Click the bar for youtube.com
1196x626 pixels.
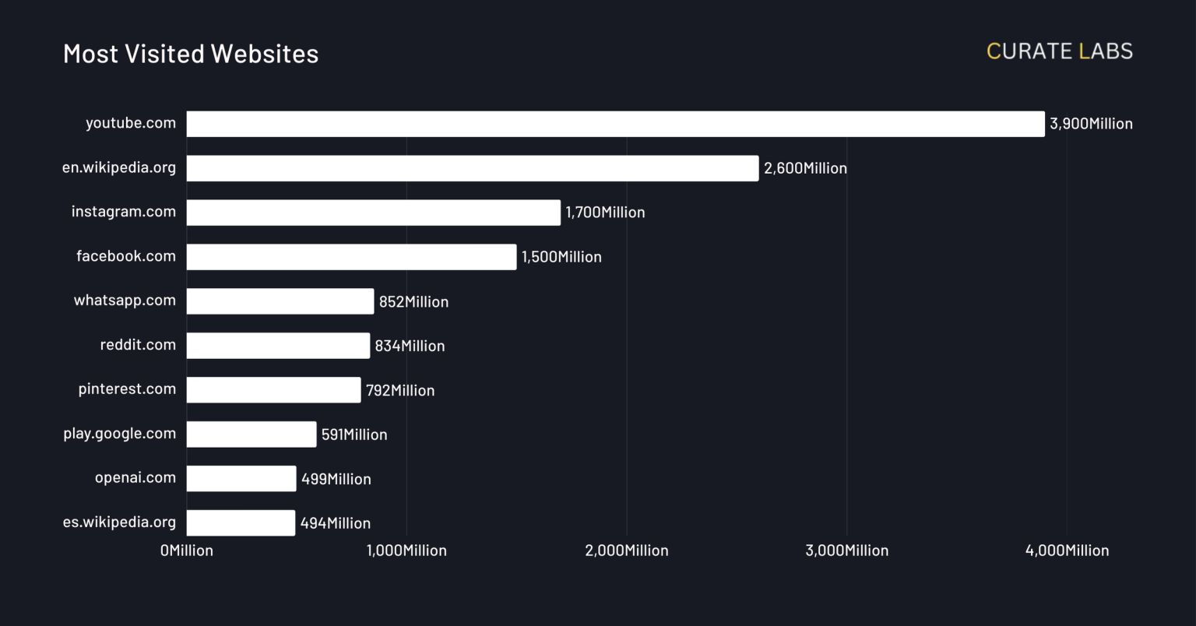coord(615,124)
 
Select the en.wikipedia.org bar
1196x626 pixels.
coord(472,168)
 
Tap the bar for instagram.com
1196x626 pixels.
coord(373,213)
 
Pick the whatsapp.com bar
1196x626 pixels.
coord(280,301)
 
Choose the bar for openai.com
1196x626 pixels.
coord(241,479)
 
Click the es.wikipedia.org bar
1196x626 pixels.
coord(241,523)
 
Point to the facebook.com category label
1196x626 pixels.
coord(126,256)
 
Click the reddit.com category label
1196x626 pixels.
coord(138,345)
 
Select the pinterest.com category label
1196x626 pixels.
coord(127,389)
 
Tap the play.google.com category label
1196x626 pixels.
coord(119,434)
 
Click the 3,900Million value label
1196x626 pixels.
coord(1091,124)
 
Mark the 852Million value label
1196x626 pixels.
coord(413,302)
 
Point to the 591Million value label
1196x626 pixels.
coord(354,434)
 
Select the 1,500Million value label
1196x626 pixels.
coord(561,257)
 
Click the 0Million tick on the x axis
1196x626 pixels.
coord(187,550)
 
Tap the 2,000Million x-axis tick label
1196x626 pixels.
coord(627,550)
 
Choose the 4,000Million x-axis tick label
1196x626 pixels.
coord(1067,550)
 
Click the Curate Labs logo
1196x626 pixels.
coord(1059,51)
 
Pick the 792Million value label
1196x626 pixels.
coord(400,390)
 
